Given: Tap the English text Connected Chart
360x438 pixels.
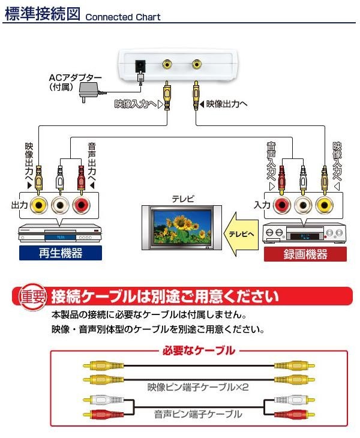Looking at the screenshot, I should click(123, 17).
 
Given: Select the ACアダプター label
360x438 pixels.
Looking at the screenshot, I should click(75, 78).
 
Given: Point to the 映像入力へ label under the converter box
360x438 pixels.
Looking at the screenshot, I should click(139, 104).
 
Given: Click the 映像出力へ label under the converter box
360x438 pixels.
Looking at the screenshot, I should click(226, 104).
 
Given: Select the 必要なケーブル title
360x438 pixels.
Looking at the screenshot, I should click(200, 350).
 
